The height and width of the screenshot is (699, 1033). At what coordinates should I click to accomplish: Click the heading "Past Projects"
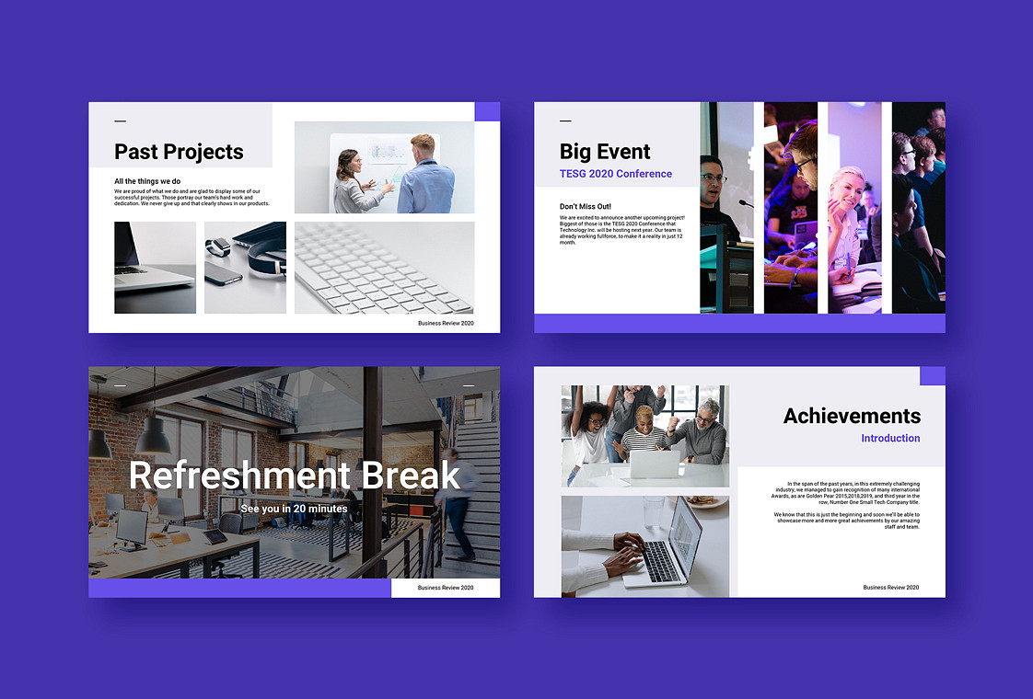[x=179, y=152]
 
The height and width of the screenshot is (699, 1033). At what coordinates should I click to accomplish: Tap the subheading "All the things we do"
[x=147, y=181]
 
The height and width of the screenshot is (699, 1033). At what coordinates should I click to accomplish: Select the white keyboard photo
[x=384, y=268]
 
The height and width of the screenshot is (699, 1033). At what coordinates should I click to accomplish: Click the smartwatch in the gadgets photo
[x=217, y=246]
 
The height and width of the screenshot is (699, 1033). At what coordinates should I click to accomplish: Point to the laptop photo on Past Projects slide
[x=155, y=267]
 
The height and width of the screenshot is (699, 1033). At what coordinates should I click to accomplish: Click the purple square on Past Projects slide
[x=487, y=111]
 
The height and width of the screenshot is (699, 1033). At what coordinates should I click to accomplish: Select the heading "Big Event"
[x=605, y=152]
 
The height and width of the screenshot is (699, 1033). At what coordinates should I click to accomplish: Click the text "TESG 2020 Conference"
[x=616, y=174]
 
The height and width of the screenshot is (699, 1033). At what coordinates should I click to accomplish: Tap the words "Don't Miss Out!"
[x=586, y=206]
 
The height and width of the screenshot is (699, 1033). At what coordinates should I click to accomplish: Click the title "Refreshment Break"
[x=295, y=475]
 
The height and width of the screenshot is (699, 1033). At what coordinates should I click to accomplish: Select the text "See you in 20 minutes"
[x=294, y=509]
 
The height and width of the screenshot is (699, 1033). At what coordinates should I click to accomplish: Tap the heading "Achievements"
[x=852, y=416]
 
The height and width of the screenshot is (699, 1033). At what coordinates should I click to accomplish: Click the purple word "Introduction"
[x=890, y=439]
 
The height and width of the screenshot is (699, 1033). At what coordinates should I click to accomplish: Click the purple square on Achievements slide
[x=932, y=376]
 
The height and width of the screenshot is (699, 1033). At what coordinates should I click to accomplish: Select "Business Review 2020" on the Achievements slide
[x=890, y=588]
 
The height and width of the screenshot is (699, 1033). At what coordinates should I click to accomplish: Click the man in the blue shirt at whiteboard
[x=424, y=175]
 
